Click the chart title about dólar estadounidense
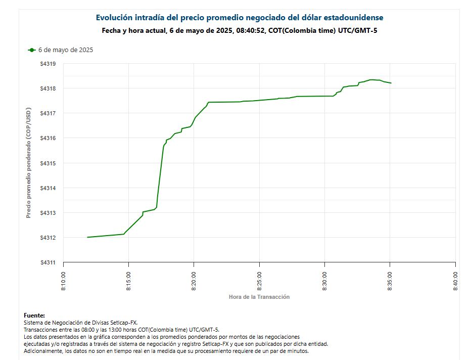pyautogui.click(x=240, y=18)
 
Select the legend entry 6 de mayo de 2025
pyautogui.click(x=66, y=50)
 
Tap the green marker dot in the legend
pyautogui.click(x=32, y=50)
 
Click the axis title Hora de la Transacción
pyautogui.click(x=259, y=297)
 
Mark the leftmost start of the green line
pyautogui.click(x=88, y=237)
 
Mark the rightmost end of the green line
pyautogui.click(x=391, y=83)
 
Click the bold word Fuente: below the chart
pyautogui.click(x=34, y=315)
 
